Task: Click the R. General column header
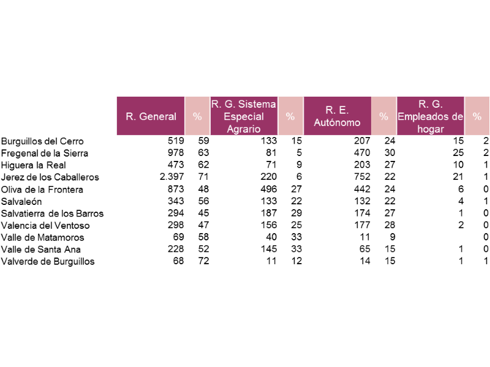point(151,116)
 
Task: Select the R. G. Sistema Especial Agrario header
point(244,116)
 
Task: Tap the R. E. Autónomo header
point(337,116)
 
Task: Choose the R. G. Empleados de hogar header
point(431,116)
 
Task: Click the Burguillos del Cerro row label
point(42,141)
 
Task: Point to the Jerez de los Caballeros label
point(50,177)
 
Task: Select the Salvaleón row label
point(21,201)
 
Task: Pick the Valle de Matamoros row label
point(43,237)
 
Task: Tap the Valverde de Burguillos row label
point(48,261)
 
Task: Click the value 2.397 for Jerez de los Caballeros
point(172,177)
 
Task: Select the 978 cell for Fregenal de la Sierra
point(176,152)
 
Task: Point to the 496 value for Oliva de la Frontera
point(269,189)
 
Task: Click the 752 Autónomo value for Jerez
point(362,177)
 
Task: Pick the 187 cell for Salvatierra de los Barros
point(269,213)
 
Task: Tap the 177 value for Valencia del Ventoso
point(362,225)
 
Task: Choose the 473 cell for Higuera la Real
point(176,165)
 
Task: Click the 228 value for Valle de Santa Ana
point(176,249)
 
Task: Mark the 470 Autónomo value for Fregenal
point(362,152)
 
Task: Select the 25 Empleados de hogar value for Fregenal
point(458,152)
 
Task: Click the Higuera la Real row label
point(34,165)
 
